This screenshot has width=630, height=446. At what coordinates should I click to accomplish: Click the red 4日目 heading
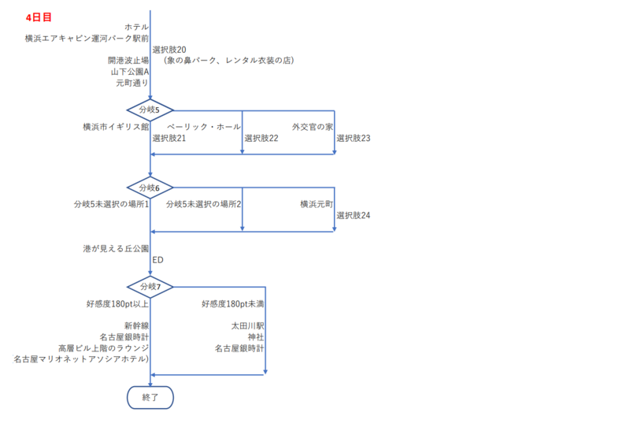tap(39, 17)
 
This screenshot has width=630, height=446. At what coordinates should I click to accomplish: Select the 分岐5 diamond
tap(150, 110)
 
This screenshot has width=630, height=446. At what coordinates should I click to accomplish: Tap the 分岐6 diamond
tap(150, 188)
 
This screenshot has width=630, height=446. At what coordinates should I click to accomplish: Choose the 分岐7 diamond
tap(150, 287)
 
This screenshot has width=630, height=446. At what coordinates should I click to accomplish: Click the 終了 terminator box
tap(150, 397)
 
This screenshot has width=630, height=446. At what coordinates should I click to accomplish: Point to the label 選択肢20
tap(169, 50)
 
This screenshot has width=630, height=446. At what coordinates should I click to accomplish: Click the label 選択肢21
tap(169, 138)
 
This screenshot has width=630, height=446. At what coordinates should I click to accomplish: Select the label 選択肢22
tap(261, 138)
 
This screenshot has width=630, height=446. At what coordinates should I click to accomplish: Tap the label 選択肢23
tap(353, 138)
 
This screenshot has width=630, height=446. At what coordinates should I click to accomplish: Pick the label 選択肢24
tap(353, 215)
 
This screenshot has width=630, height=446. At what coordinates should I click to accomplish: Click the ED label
tap(158, 260)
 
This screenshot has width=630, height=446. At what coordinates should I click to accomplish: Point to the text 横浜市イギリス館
tap(116, 127)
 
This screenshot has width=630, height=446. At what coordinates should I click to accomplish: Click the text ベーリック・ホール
tap(204, 127)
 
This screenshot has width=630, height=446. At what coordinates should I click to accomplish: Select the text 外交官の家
tap(313, 127)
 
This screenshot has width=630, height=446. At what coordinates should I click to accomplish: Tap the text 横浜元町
tap(317, 204)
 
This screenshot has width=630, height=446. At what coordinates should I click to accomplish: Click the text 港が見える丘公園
tap(116, 248)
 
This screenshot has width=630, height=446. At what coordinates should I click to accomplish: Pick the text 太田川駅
tap(247, 325)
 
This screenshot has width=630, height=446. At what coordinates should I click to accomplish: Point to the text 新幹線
tap(136, 325)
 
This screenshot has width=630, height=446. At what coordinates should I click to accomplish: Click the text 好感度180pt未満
tap(233, 303)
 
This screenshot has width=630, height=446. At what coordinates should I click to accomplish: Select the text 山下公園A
tap(130, 72)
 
